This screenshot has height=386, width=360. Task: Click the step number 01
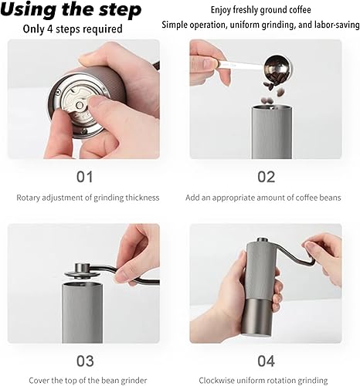tap(85, 177)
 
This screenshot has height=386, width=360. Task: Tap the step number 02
tap(266, 177)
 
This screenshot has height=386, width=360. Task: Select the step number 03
tap(85, 360)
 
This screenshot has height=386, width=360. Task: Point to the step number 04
tap(266, 360)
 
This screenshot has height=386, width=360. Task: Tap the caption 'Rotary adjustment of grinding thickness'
tap(88, 198)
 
